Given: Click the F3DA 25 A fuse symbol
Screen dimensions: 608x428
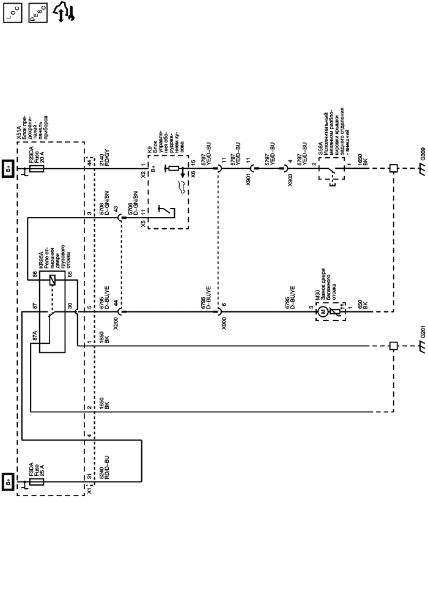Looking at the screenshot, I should tap(36, 482).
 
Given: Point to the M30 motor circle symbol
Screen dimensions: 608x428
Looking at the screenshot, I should tap(320, 312).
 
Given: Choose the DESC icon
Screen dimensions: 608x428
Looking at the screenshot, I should tap(38, 13).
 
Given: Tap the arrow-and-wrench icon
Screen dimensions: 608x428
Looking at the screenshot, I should tap(64, 12).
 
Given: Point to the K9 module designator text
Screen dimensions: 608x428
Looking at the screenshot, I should tap(149, 147).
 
